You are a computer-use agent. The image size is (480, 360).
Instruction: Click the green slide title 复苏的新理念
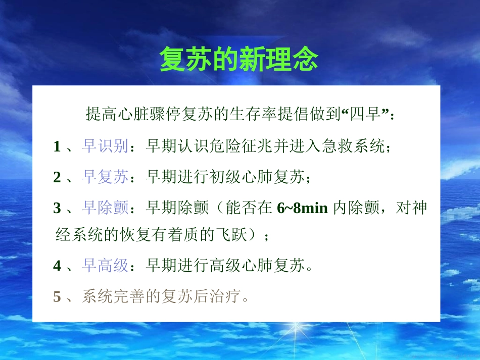click(239, 60)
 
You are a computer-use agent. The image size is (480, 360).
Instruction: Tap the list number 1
click(57, 147)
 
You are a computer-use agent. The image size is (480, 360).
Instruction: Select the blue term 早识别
click(105, 147)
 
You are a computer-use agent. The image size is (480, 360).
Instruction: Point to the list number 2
click(57, 177)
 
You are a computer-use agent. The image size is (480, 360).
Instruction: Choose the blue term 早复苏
click(105, 177)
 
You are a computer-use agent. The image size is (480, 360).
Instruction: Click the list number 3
click(57, 208)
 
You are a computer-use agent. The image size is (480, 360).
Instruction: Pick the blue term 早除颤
click(105, 208)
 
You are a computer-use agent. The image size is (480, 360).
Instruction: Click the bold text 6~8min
click(303, 208)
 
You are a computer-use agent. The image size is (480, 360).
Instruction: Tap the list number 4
click(57, 266)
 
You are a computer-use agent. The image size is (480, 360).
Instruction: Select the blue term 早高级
click(105, 266)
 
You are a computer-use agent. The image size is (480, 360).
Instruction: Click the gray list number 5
click(57, 296)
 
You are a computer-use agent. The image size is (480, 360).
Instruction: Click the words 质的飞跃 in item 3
click(231, 235)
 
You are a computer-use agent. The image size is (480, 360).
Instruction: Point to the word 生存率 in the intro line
click(253, 115)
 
